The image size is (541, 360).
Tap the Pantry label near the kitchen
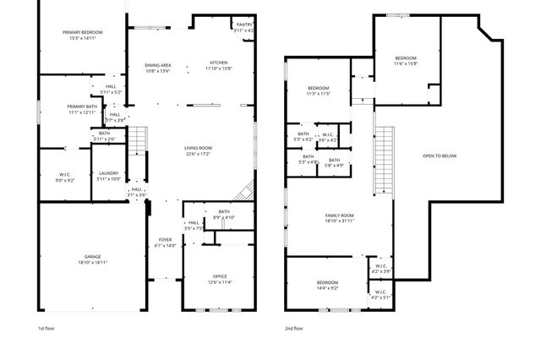pyautogui.click(x=244, y=25)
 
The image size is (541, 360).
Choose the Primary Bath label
pyautogui.click(x=83, y=106)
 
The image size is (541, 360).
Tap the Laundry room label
pyautogui.click(x=108, y=173)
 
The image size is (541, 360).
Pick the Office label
pyautogui.click(x=220, y=276)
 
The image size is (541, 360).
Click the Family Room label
pyautogui.click(x=339, y=216)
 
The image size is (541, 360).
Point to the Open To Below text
pyautogui.click(x=440, y=155)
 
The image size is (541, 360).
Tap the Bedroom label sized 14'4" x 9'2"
pyautogui.click(x=327, y=282)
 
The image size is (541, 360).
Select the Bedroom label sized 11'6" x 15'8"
pyautogui.click(x=405, y=59)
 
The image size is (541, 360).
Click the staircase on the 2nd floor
pyautogui.click(x=385, y=161)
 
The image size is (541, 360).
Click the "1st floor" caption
pyautogui.click(x=46, y=328)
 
